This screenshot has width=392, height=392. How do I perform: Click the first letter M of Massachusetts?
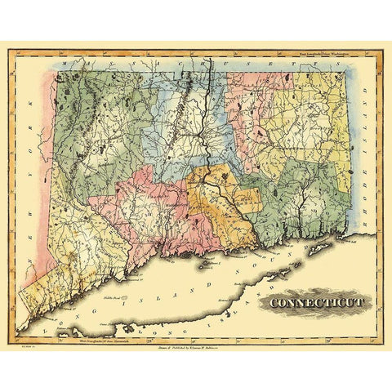74,61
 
